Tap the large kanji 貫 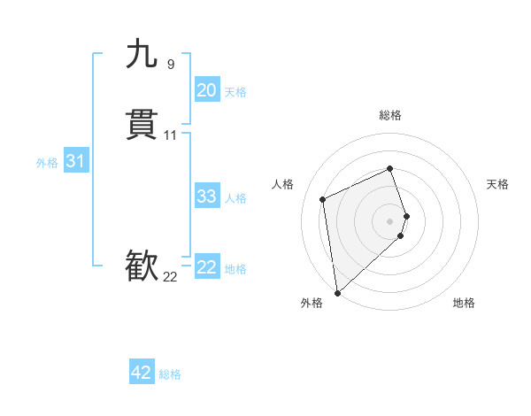click(x=142, y=125)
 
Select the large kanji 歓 click(x=142, y=266)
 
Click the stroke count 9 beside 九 click(x=170, y=64)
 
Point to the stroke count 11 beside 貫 click(x=171, y=135)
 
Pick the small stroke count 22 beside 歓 click(x=170, y=277)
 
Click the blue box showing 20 click(x=207, y=90)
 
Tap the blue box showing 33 click(x=207, y=196)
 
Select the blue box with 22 click(x=207, y=267)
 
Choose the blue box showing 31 click(x=75, y=161)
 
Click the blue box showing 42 click(x=142, y=373)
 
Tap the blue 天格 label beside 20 click(x=235, y=92)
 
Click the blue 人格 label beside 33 click(x=235, y=198)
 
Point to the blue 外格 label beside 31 click(x=47, y=163)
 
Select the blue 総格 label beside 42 click(x=170, y=374)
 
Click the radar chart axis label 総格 click(x=390, y=115)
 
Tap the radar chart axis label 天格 click(x=497, y=184)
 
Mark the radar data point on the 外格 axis click(x=336, y=292)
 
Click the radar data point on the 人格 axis click(x=323, y=198)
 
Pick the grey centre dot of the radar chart click(x=390, y=220)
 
